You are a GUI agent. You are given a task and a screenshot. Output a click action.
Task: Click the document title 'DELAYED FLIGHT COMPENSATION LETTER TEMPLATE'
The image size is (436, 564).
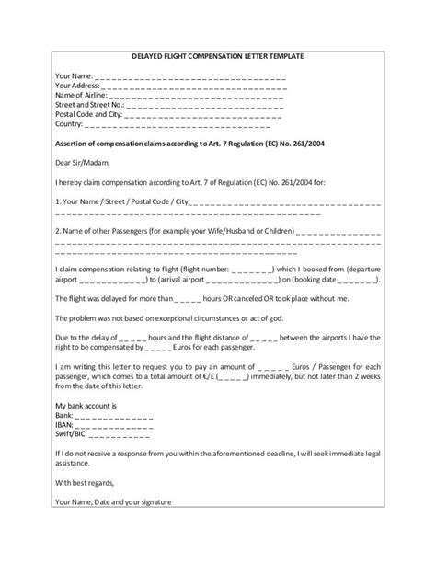click(218, 57)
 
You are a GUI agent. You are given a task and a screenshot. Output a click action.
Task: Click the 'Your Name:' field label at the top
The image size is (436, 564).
click(73, 75)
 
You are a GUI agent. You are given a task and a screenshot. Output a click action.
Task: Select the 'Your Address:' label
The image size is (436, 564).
click(77, 85)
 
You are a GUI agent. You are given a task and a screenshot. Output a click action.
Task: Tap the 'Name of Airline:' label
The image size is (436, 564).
click(81, 94)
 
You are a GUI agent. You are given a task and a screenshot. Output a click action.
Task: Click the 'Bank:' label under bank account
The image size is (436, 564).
click(65, 416)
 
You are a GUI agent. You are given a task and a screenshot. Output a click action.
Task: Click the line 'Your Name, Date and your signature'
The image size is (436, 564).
click(112, 501)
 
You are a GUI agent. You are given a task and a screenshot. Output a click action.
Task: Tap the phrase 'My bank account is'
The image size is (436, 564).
click(87, 406)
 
